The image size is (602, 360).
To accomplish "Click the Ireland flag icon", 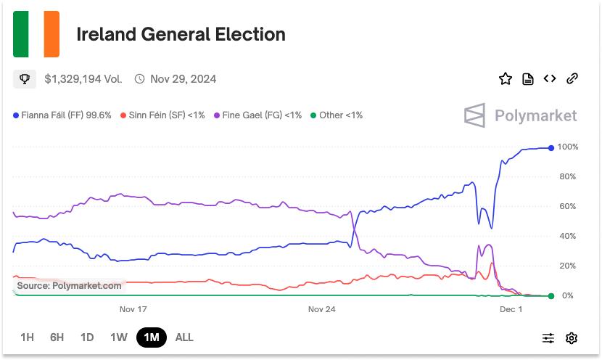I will (x=36, y=34).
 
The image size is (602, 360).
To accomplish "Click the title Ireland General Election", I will (x=181, y=34).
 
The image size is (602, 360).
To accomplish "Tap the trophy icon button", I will (x=25, y=79).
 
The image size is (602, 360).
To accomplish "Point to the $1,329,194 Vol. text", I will (x=83, y=79).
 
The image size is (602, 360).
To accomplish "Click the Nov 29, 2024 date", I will (x=183, y=79).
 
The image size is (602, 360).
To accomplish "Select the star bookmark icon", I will (x=505, y=79).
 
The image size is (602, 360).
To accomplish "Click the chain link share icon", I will (x=572, y=79).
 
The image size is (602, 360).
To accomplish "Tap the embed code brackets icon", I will (x=550, y=79).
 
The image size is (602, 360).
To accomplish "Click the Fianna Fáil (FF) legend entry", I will (x=62, y=115).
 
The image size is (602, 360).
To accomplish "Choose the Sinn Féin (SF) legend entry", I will (x=162, y=115).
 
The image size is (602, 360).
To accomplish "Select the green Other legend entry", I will (x=336, y=115).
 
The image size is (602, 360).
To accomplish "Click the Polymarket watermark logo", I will (x=520, y=115).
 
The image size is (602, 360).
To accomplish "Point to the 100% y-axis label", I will (x=568, y=147).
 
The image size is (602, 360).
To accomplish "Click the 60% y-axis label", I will (x=568, y=207).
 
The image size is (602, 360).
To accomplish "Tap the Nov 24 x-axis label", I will (x=321, y=309).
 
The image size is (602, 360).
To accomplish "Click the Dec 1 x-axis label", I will (x=511, y=309).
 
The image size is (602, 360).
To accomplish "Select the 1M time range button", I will (x=151, y=337).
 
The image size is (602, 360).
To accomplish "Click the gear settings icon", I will (x=572, y=337).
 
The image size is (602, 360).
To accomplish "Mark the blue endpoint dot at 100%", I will (x=551, y=148).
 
